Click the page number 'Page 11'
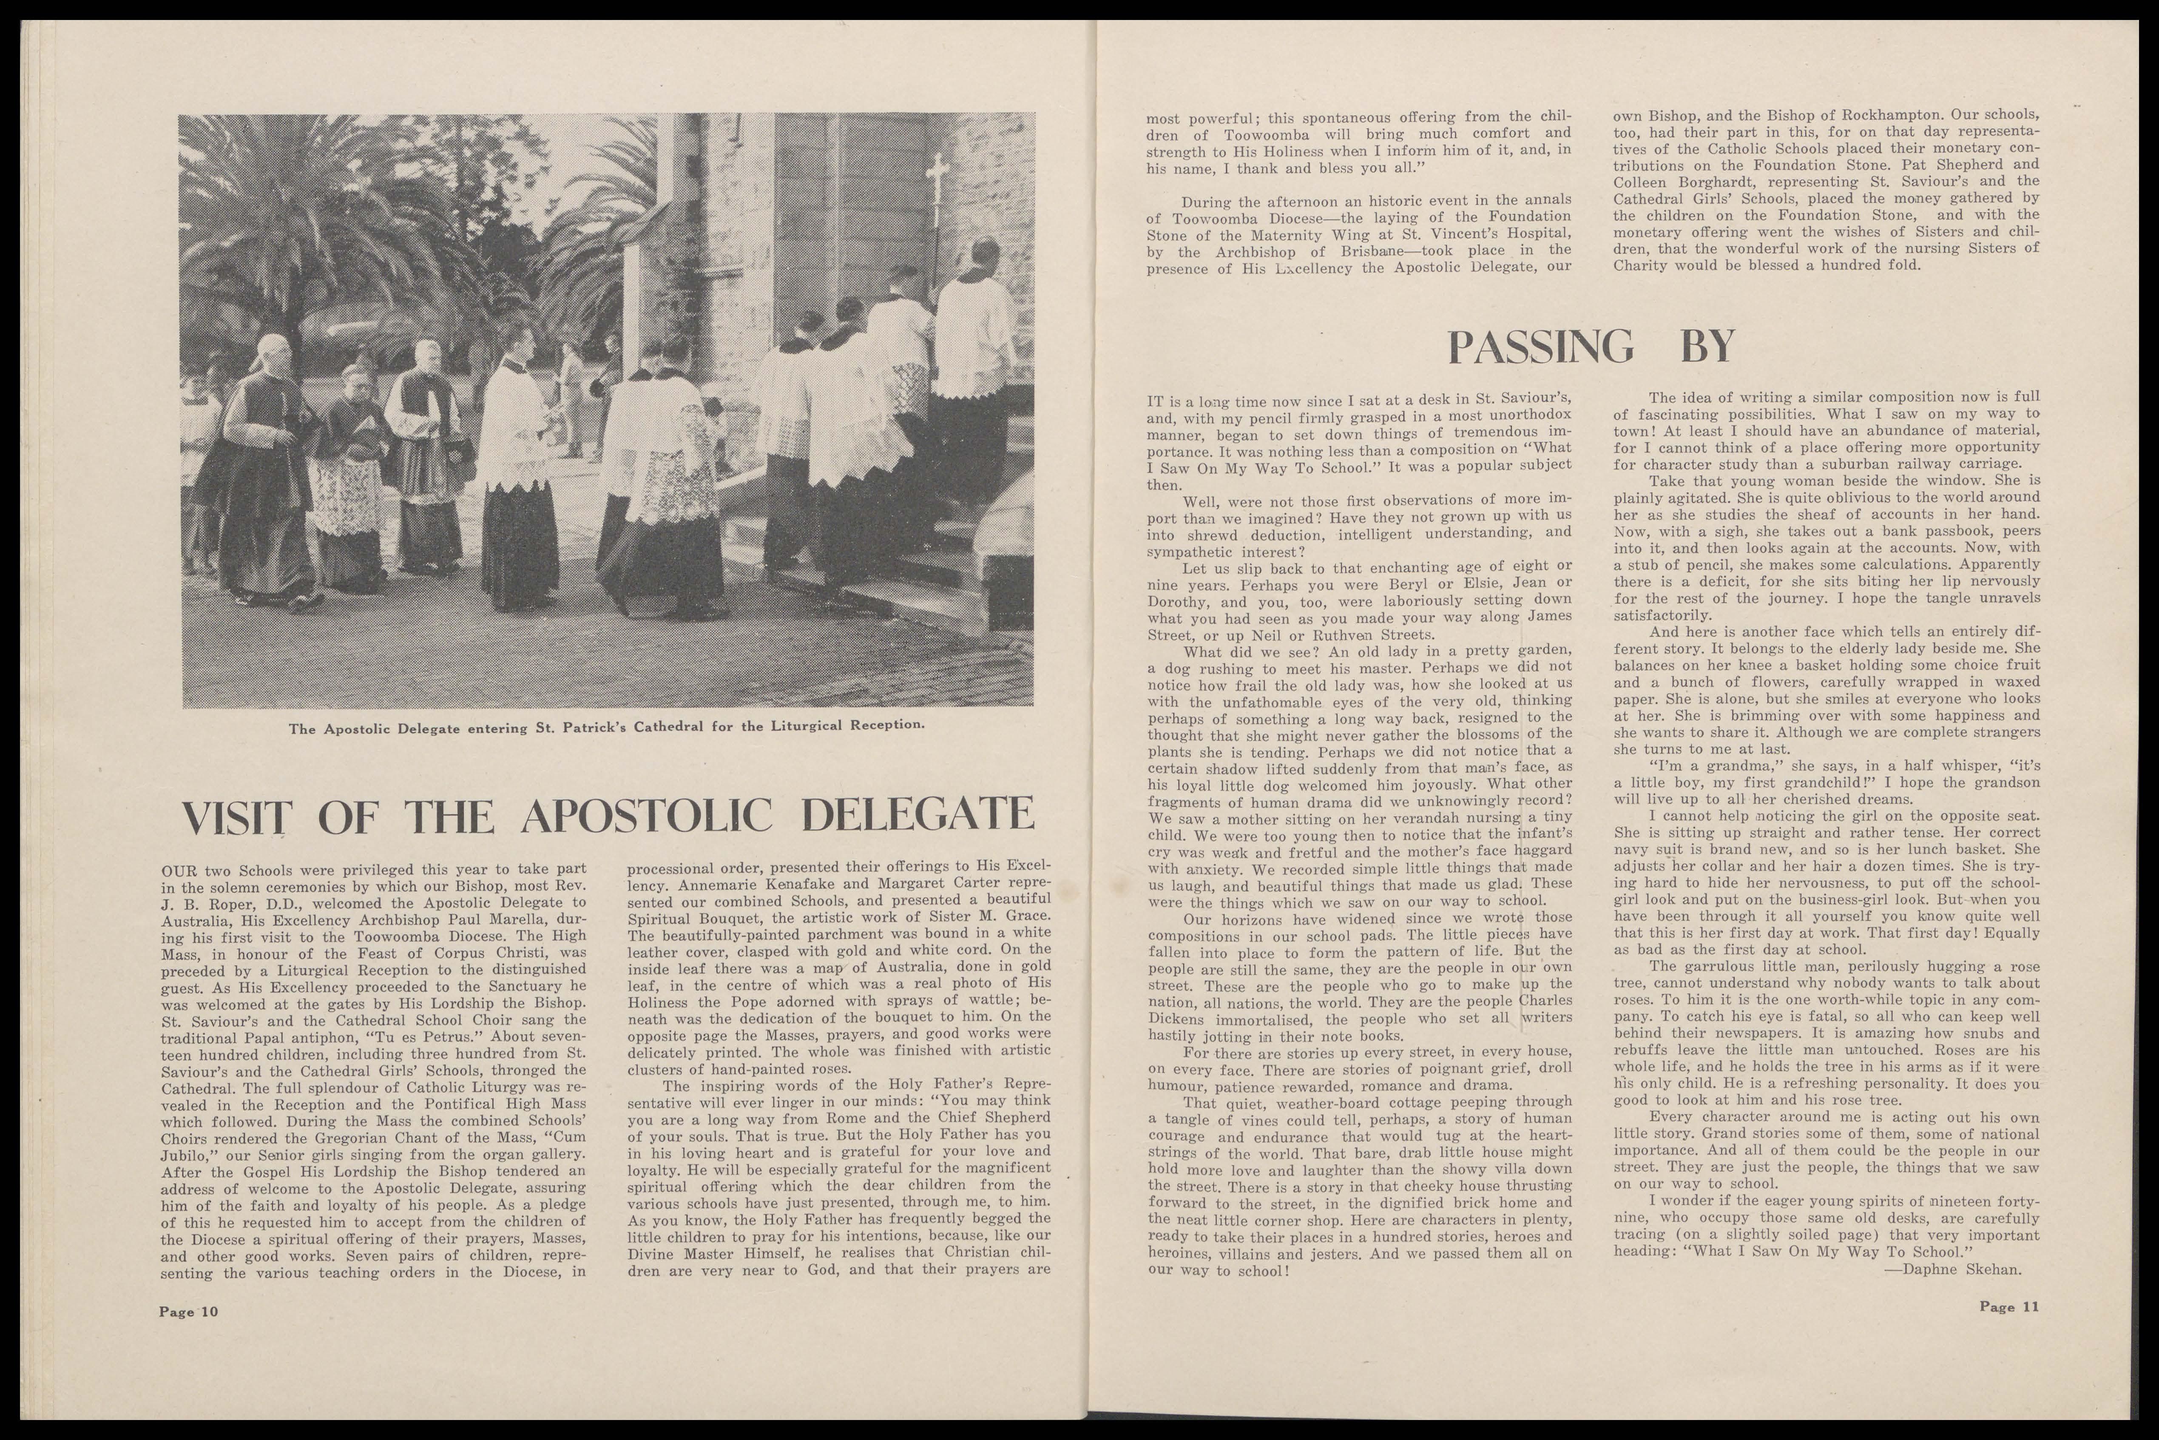(x=2008, y=1307)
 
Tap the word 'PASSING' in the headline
(x=1540, y=346)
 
